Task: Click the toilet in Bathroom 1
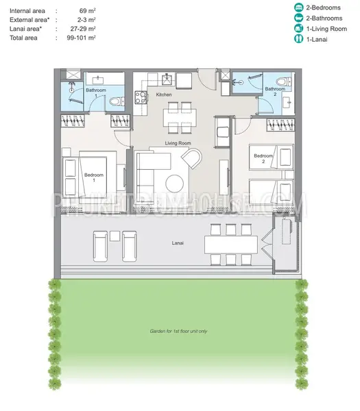coord(117,101)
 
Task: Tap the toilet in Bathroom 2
coord(284,82)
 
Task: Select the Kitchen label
coord(164,95)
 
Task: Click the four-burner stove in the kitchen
coord(141,97)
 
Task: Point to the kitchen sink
coord(167,79)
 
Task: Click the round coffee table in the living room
coord(174,184)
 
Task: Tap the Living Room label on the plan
coord(178,143)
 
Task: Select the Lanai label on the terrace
coord(178,243)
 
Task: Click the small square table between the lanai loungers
coord(115,236)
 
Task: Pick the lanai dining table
coord(231,245)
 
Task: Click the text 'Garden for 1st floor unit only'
coord(178,332)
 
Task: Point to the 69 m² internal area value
coord(87,11)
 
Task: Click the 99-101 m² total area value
coord(81,38)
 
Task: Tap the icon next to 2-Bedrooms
coord(298,8)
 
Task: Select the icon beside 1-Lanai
coord(298,39)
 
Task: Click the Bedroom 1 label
coord(94,177)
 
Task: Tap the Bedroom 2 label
coord(263,158)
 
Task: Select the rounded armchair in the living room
coord(192,158)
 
